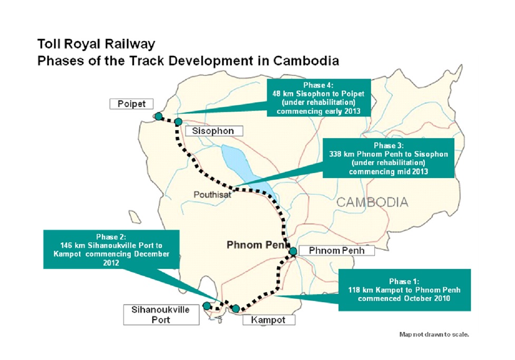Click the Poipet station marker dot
pos(159,116)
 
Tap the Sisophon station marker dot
pos(178,122)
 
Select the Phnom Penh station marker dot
pos(293,251)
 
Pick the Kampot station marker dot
pos(236,308)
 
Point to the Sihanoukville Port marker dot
pos(206,306)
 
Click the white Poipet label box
pos(131,104)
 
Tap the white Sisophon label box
pos(214,131)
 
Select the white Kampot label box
pos(269,320)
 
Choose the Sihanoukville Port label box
pos(161,315)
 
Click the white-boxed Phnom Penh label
pos(337,250)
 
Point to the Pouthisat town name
pos(212,195)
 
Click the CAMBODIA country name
pos(372,202)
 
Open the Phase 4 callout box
pos(318,98)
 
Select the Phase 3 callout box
pos(388,158)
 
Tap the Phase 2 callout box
pos(111,249)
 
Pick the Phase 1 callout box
pos(404,290)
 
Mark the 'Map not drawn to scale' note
pos(434,334)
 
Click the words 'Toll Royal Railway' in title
pos(96,44)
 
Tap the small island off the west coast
pos(134,217)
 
